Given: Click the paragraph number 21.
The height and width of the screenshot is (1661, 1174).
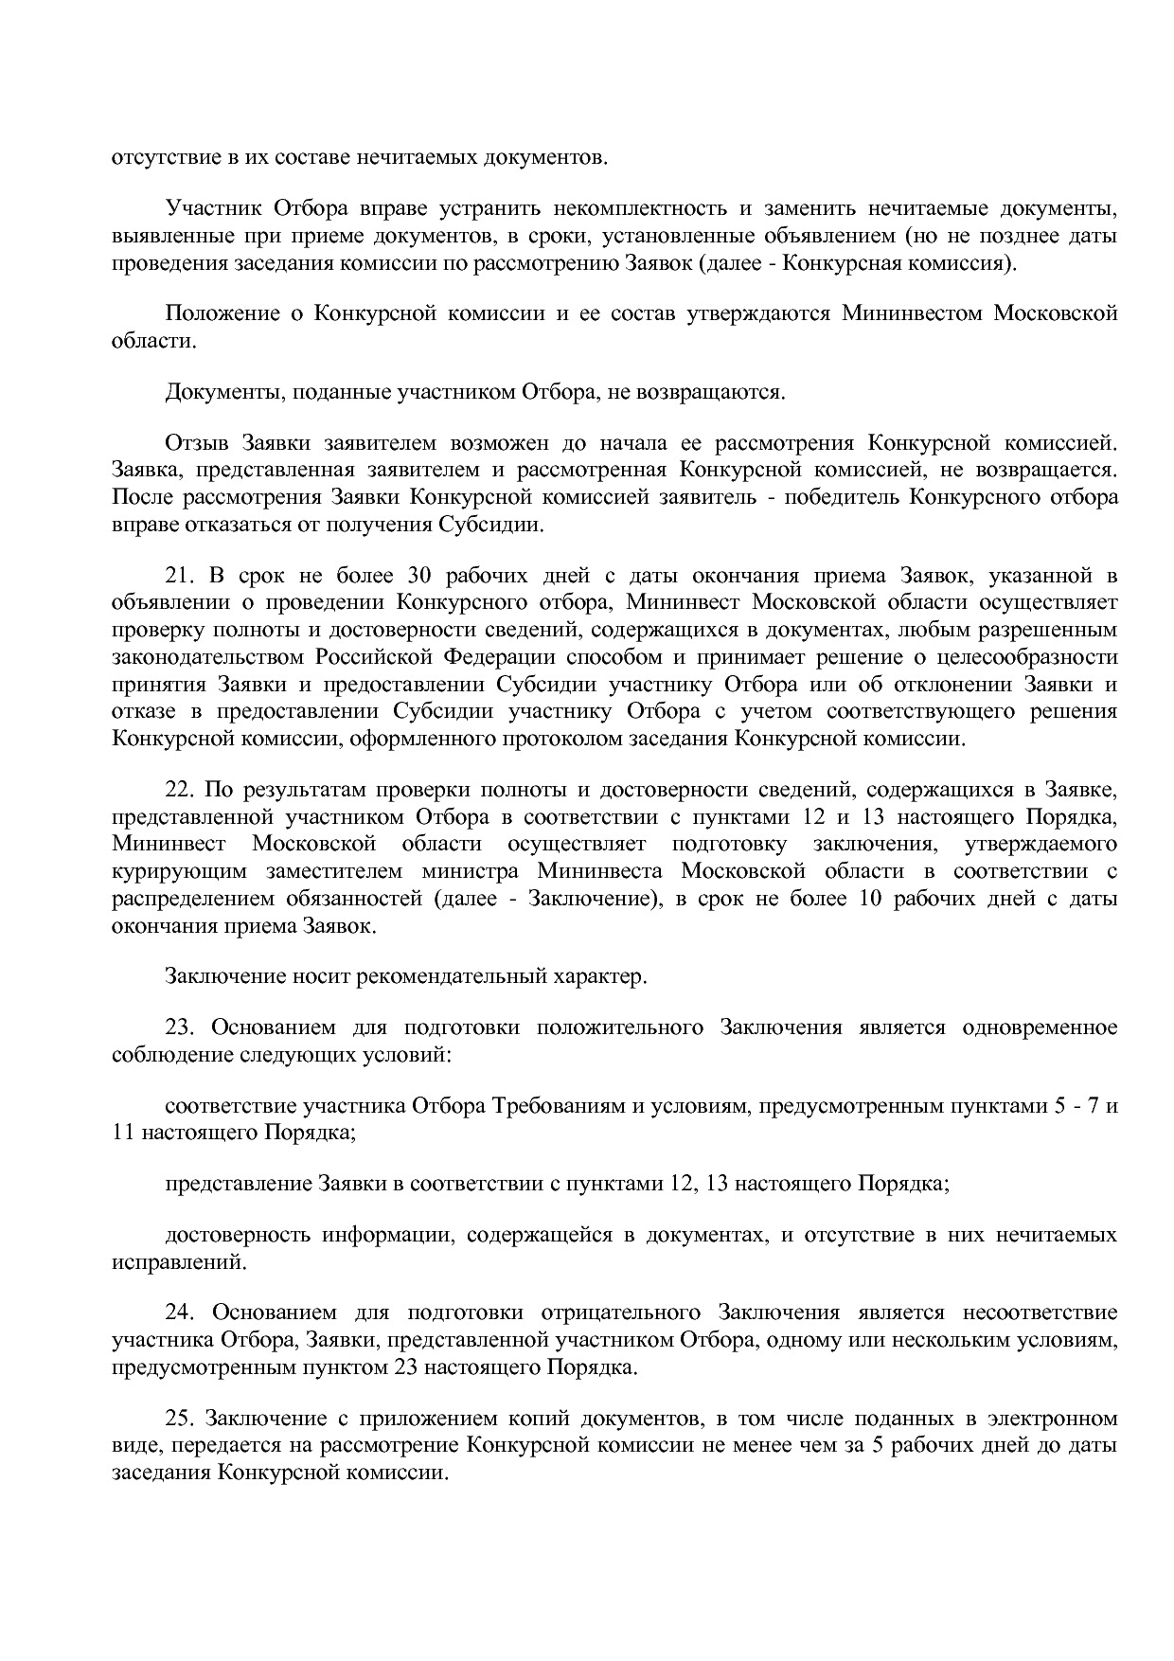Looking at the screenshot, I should (x=179, y=576).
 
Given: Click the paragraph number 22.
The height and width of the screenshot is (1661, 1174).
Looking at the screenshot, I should (x=179, y=789).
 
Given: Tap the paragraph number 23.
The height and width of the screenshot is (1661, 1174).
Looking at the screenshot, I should (x=179, y=1027).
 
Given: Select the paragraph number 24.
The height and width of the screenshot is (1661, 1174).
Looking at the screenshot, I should (x=179, y=1313).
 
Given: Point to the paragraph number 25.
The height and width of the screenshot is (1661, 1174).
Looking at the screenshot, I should (x=179, y=1419).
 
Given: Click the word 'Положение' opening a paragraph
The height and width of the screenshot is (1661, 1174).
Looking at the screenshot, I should (x=219, y=313).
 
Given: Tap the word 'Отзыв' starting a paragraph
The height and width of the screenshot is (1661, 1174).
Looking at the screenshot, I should (x=197, y=442).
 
